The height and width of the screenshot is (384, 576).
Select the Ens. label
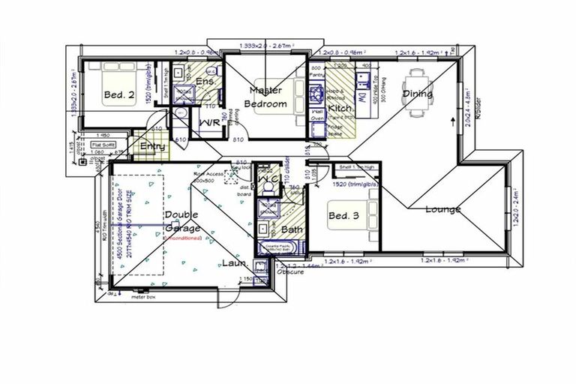coord(205,81)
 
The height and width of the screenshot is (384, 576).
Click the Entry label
coord(153,146)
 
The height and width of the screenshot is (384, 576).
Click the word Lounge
coord(442,209)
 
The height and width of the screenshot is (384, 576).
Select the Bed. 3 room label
coord(345,217)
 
